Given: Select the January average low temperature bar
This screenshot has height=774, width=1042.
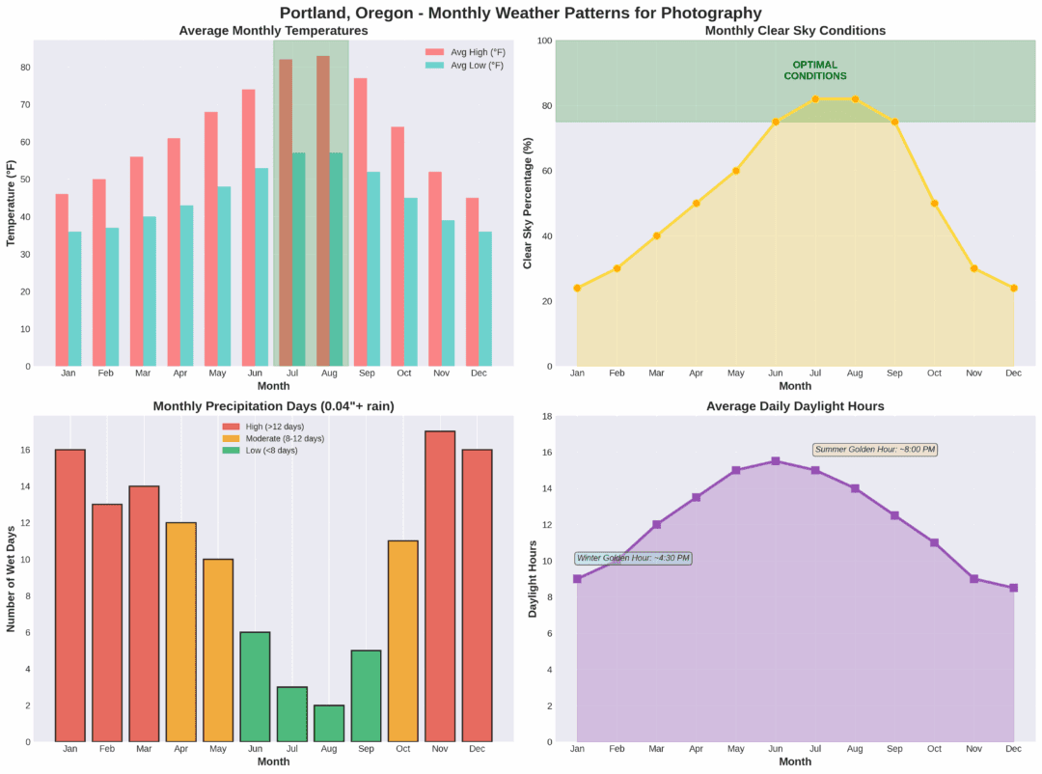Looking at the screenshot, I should (x=75, y=298).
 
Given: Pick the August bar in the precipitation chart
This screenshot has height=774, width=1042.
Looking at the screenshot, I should (x=329, y=723).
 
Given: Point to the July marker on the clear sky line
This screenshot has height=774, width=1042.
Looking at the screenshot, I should (x=815, y=99).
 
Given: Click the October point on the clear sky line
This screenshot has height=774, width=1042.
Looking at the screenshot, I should (x=935, y=204).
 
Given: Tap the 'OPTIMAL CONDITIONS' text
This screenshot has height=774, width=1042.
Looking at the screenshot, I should (x=815, y=70).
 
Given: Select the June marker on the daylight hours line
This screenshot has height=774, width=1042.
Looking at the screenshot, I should (x=776, y=461).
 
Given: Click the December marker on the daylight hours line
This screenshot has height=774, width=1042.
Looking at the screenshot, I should (x=1014, y=588).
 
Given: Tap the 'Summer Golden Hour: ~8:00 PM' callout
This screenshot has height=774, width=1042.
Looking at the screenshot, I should (x=875, y=450).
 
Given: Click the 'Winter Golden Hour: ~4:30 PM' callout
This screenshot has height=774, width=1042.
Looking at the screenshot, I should (x=633, y=558).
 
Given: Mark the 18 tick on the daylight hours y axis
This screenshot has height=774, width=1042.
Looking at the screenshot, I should (x=545, y=417).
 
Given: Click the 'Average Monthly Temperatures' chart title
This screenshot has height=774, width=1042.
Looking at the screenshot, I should (x=273, y=31).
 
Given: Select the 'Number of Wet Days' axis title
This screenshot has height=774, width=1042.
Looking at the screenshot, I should (x=12, y=578).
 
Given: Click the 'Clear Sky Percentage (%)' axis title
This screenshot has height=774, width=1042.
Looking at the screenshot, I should (x=528, y=204).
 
